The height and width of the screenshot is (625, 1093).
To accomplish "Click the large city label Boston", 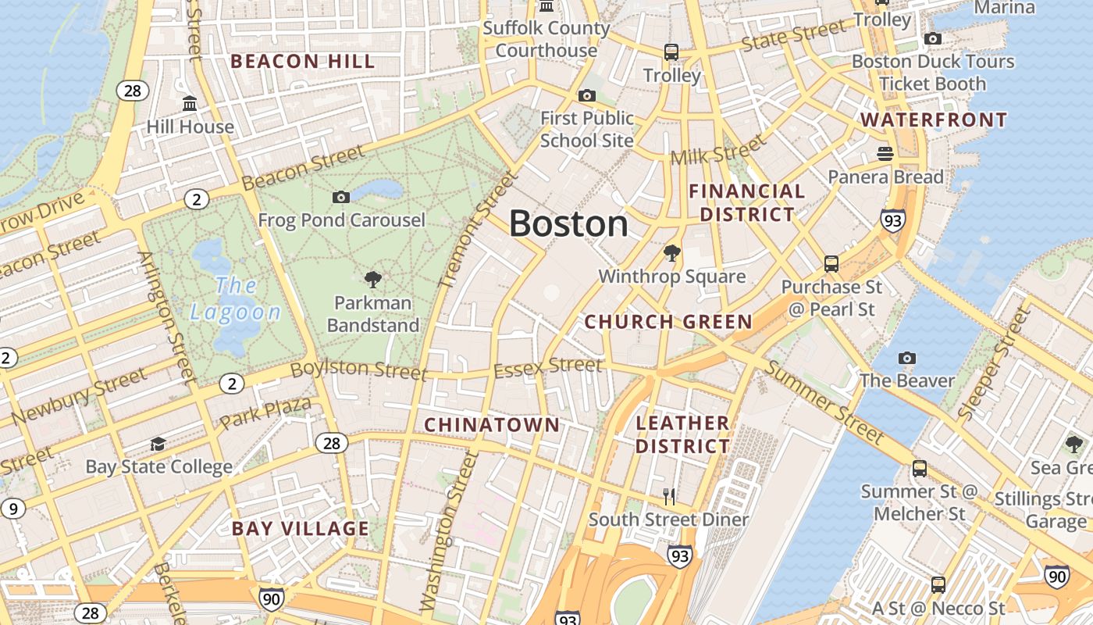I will click(568, 224).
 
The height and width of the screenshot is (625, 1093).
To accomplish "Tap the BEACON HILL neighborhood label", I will click(303, 62).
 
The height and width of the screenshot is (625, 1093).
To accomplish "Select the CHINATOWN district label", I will click(492, 425).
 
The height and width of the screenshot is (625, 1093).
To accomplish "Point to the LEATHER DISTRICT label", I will click(682, 434).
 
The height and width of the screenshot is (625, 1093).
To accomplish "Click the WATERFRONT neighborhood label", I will click(934, 120).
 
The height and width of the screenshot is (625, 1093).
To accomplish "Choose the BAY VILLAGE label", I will click(301, 529).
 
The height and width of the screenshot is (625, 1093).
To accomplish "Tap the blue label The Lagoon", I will click(235, 299).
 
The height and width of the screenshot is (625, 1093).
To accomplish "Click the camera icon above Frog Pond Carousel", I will click(341, 197).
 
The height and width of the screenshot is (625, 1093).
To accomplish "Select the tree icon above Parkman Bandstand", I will click(373, 279).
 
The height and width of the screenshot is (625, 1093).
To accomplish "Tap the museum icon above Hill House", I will click(190, 103).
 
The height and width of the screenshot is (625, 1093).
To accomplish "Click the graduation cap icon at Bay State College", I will click(158, 444).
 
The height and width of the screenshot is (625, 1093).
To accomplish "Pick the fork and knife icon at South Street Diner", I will click(669, 496).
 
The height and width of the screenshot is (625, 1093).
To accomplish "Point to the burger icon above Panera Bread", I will click(885, 153).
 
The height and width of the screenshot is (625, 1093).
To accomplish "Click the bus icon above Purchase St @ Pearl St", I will click(831, 263).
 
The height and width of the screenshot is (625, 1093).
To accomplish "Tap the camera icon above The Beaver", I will click(907, 358).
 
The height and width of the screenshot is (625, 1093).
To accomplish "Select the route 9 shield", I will click(12, 509).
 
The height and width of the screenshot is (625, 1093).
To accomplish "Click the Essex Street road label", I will click(548, 366).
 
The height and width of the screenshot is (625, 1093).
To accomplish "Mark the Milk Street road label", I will click(718, 150).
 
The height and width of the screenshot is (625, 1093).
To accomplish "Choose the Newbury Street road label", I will click(79, 398).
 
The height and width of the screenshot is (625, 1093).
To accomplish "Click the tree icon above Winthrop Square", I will click(671, 253).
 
